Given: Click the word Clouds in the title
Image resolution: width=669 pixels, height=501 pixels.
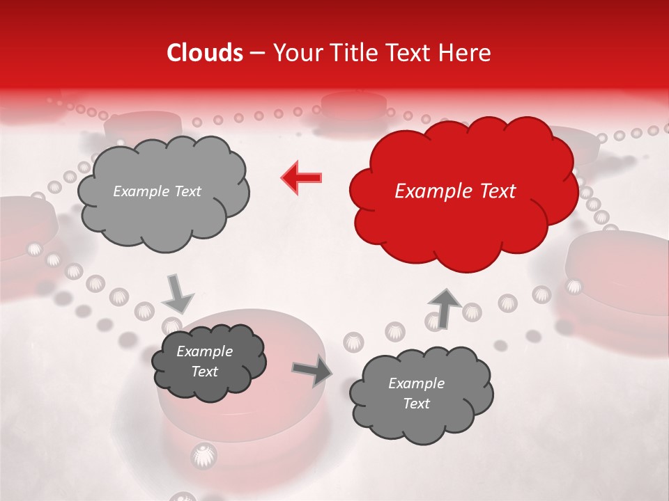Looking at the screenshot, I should [205, 53].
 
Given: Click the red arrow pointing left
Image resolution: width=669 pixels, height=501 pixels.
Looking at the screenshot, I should [302, 178].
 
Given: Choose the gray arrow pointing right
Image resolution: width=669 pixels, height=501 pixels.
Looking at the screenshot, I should [312, 371].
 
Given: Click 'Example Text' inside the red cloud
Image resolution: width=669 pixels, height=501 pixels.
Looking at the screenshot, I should [455, 191].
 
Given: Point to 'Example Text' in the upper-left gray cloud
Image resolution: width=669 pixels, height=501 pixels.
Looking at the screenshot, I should [157, 191].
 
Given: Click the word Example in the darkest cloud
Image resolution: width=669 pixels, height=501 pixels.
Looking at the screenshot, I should [205, 351].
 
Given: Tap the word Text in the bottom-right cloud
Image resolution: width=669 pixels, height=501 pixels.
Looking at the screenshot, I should [416, 404].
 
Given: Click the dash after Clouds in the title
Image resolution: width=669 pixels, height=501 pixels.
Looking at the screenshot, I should [256, 53].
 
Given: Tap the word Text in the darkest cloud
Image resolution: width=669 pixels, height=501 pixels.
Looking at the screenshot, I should [205, 372].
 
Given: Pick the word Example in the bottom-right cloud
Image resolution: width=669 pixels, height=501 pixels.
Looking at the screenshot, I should [416, 383].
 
